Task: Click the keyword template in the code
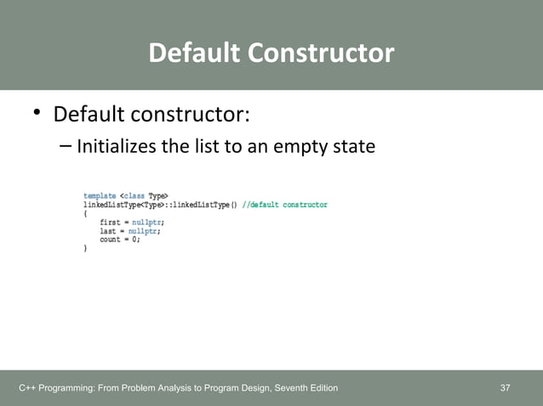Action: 100,196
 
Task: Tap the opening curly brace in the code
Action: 85,213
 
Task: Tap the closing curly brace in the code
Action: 85,248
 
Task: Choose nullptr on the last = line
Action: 144,230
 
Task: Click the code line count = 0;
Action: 119,240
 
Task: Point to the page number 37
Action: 506,388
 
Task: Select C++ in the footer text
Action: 28,388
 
